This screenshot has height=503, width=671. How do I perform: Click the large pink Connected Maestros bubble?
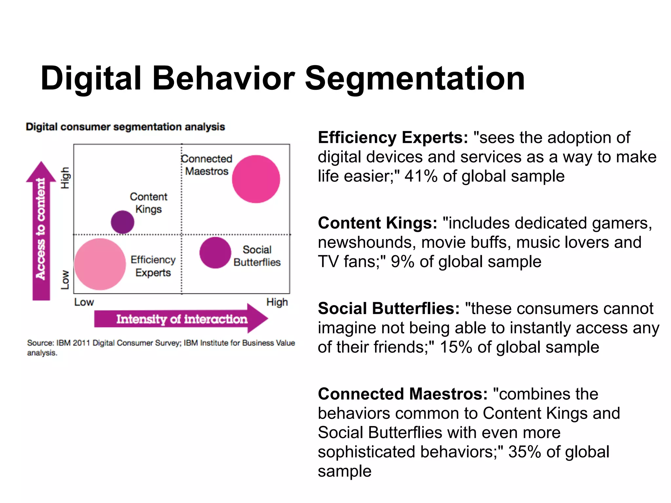(x=256, y=179)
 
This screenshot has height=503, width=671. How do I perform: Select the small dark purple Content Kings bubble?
(x=123, y=222)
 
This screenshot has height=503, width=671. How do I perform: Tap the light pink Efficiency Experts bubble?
(x=100, y=264)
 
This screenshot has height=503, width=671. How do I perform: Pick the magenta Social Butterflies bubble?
(x=215, y=253)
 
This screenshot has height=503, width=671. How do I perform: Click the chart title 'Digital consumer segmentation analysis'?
(x=125, y=127)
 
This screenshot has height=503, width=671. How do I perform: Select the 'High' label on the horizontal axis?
(x=277, y=302)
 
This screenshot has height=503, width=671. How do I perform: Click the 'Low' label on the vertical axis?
(x=65, y=280)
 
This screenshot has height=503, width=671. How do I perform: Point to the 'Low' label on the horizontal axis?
(x=84, y=302)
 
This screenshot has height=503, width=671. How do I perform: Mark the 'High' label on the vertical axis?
(x=65, y=178)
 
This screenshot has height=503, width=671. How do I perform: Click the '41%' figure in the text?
(x=421, y=176)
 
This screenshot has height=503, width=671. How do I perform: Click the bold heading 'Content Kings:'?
(x=377, y=223)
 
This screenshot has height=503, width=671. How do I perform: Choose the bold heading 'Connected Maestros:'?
(x=403, y=394)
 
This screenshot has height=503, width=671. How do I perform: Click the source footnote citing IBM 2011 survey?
(x=161, y=347)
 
